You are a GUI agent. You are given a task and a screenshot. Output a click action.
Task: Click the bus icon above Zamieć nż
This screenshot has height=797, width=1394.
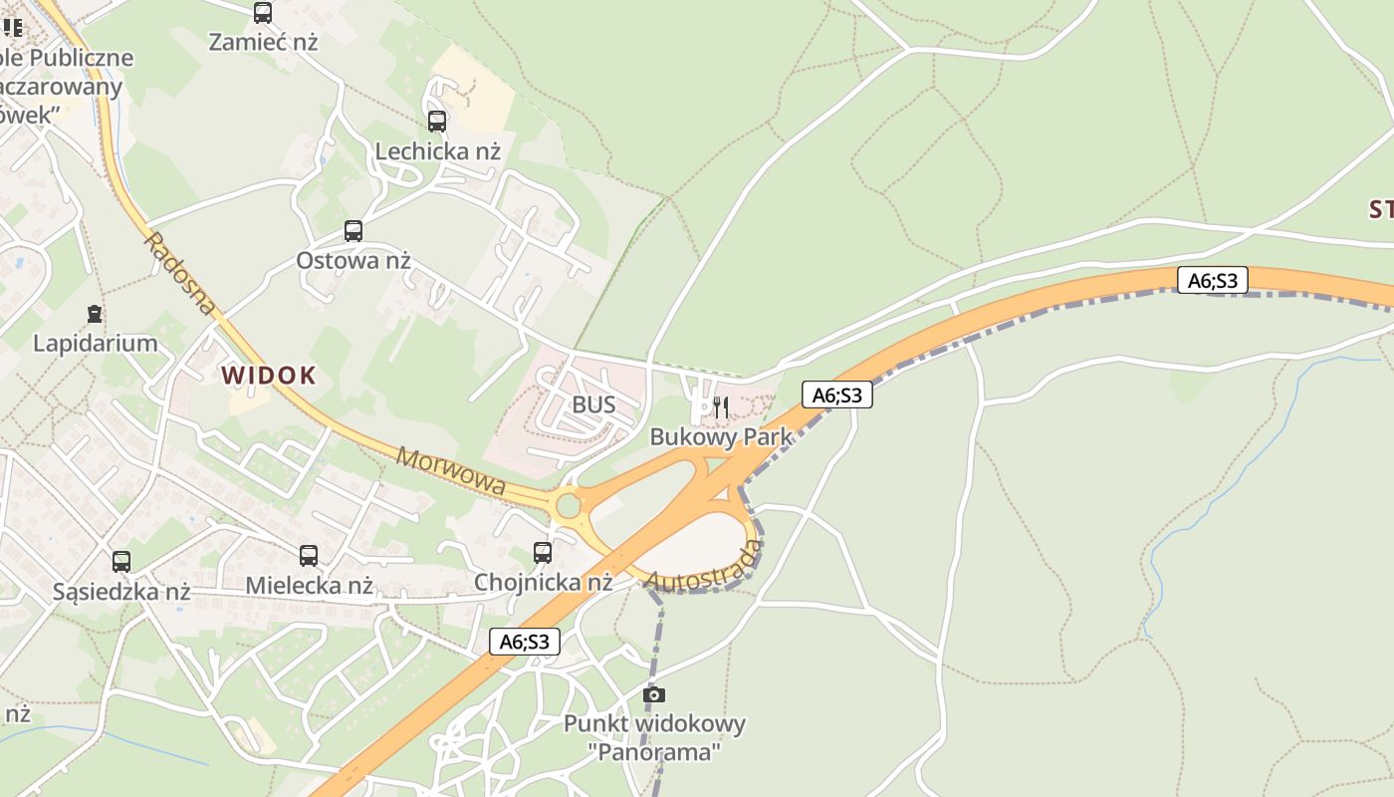coord(263,13)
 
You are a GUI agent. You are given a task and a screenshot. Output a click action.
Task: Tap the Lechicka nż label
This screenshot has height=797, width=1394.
coord(437,151)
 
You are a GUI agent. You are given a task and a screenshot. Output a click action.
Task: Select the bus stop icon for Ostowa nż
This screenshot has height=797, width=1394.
coord(353,231)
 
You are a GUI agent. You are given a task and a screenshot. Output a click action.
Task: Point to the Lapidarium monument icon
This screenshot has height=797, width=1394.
coord(95,314)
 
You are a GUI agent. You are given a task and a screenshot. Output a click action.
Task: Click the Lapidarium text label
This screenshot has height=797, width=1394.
coord(96,344)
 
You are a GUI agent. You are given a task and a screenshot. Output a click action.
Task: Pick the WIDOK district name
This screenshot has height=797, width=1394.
coord(268,376)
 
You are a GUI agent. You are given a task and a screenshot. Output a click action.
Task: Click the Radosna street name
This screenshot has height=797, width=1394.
coord(179,274)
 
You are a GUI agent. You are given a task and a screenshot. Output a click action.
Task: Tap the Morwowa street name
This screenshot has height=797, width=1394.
coord(450,472)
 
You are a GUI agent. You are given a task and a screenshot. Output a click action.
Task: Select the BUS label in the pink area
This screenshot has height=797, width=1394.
coord(593,405)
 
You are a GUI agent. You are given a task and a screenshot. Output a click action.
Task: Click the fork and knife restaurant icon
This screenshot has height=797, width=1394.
coord(721,406)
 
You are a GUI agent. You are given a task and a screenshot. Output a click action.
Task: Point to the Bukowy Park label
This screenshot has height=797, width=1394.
coord(721,436)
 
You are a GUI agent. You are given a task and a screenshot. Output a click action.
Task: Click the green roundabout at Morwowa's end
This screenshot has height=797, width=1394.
coord(569,506)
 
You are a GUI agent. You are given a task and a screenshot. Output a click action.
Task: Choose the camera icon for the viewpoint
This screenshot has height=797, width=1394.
coord(654,694)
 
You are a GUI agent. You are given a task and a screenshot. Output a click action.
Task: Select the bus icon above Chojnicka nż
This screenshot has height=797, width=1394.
coord(543,552)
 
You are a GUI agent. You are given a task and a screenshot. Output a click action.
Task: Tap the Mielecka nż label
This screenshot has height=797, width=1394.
coord(309,585)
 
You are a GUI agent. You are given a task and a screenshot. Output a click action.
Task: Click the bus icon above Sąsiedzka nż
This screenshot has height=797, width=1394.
coord(121,562)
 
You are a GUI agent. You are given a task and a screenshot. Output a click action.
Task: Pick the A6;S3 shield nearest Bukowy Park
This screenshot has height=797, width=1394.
coord(837,396)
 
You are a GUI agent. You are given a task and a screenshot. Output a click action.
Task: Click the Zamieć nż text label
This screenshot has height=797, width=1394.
coord(263,42)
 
